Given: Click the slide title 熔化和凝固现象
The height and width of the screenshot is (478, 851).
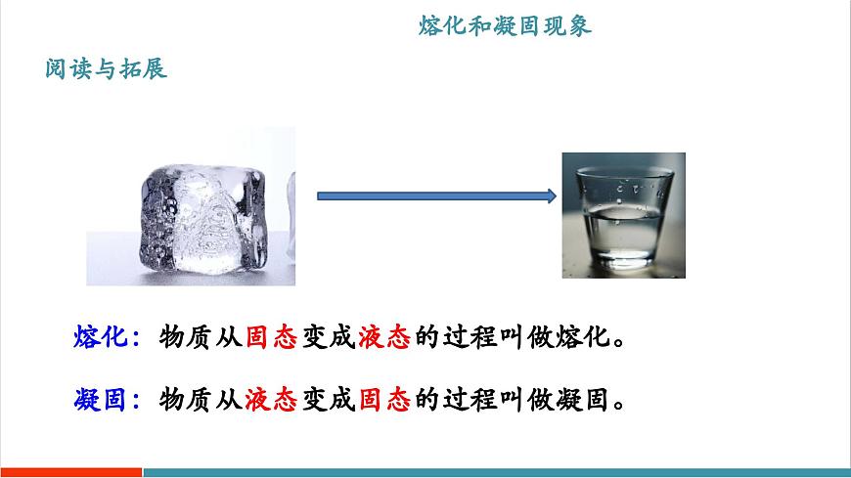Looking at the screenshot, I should tap(505, 26).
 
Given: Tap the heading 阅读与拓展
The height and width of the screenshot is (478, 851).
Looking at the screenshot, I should tap(107, 70).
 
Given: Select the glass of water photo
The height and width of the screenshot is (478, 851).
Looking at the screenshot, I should tap(623, 215).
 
